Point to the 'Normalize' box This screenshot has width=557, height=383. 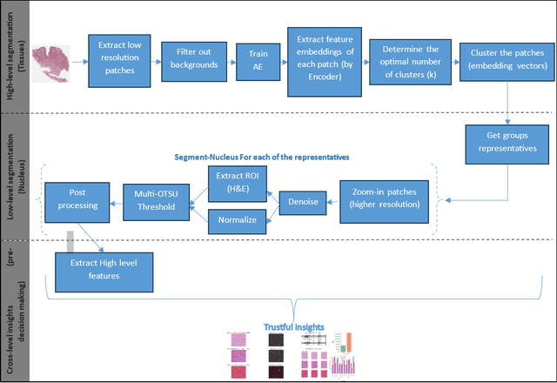(x=238, y=220)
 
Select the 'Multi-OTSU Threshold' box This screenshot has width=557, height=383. (x=154, y=201)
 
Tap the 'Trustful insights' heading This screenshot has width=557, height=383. (x=295, y=327)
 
